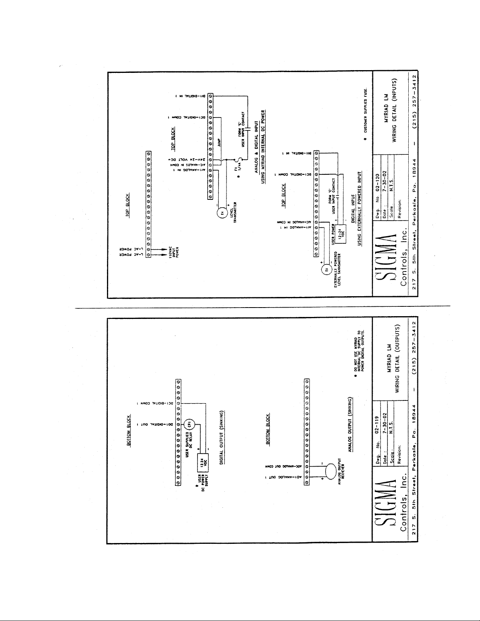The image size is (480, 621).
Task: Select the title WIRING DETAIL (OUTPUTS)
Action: click(399, 358)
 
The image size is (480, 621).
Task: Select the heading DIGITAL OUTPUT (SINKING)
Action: click(222, 438)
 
